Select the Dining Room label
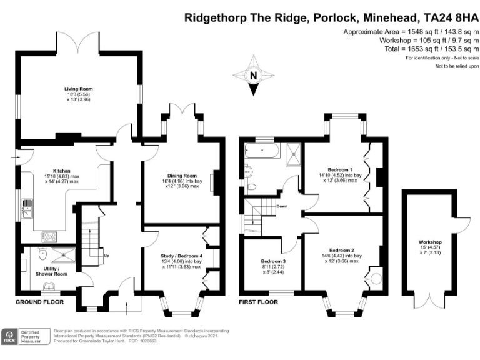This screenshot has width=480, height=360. click(182, 176)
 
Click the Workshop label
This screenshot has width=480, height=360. click(430, 242)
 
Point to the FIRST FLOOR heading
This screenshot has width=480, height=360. click(259, 302)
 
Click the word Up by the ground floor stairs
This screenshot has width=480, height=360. click(107, 256)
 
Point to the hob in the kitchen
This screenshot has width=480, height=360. click(49, 237)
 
